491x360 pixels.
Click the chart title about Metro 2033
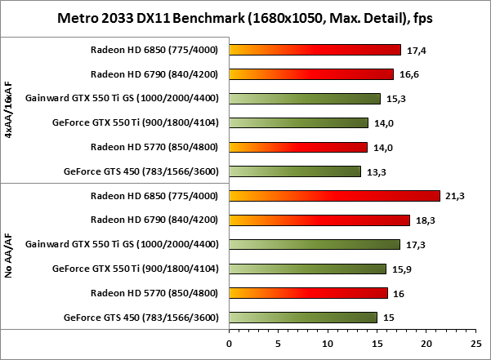pyautogui.click(x=245, y=17)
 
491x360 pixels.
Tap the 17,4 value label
pyautogui.click(x=417, y=51)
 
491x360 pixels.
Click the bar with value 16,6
pyautogui.click(x=312, y=74)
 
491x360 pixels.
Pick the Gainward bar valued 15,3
pyautogui.click(x=306, y=99)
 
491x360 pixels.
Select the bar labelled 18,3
pyautogui.click(x=320, y=220)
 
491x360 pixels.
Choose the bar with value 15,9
pyautogui.click(x=308, y=269)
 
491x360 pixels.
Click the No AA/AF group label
pyautogui.click(x=8, y=256)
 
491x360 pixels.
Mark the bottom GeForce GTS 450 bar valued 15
pyautogui.click(x=304, y=317)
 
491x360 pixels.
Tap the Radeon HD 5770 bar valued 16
pyautogui.click(x=309, y=293)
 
